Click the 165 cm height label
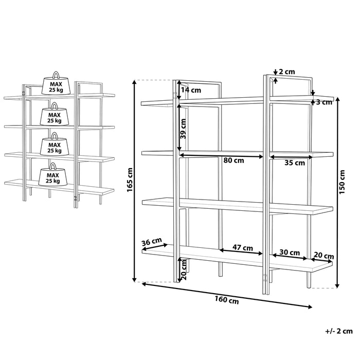pos(130,180)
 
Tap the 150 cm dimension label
pos(342,182)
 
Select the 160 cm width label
pos(227,300)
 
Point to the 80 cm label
pos(233,160)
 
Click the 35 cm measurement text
pos(295,163)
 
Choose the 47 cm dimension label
pos(243,248)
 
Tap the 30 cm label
pos(290,253)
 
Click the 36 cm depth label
pos(152,242)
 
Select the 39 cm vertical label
pos(183,129)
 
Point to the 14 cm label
pos(191,90)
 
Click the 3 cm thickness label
pos(324,102)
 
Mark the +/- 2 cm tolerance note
pos(338,331)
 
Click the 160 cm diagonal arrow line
pos(227,295)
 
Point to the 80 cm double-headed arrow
pos(221,156)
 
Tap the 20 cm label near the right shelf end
pos(323,256)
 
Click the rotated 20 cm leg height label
pos(184,269)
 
